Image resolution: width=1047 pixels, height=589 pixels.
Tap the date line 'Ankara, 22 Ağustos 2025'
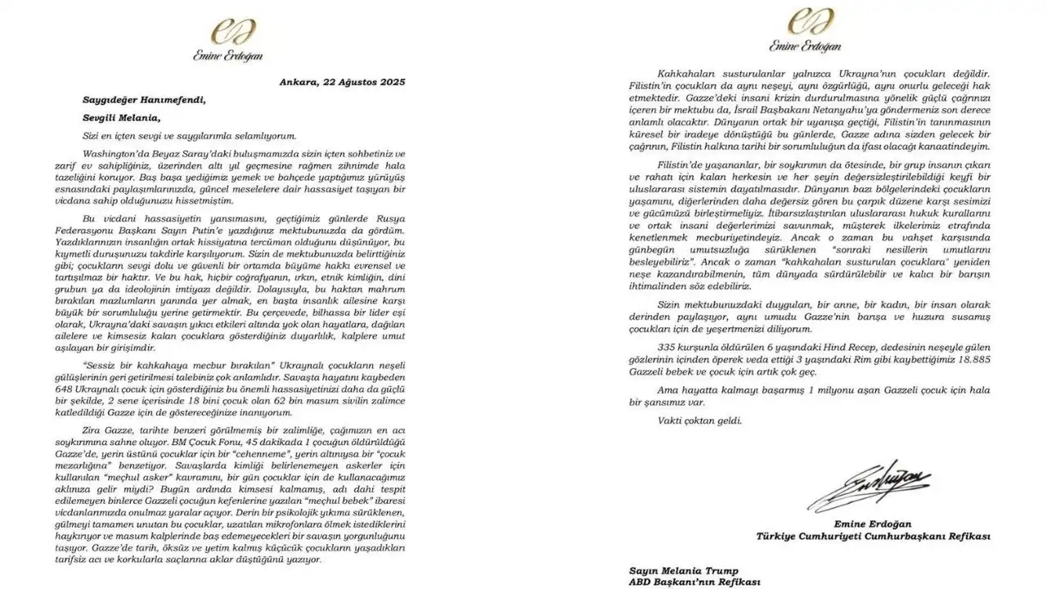(x=341, y=83)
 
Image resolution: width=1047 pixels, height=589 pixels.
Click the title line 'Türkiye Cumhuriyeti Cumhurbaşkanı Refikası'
(x=872, y=537)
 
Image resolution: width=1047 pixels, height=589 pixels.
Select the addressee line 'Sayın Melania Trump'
(x=683, y=569)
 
